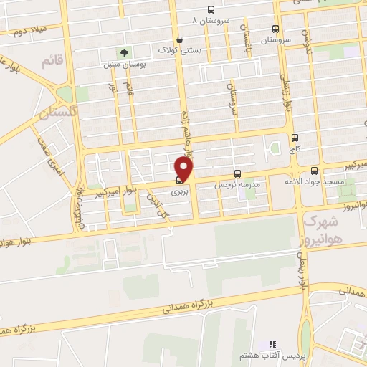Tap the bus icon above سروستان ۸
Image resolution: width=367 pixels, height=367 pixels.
(x=210, y=10)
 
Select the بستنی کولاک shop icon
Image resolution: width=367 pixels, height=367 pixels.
(x=178, y=39)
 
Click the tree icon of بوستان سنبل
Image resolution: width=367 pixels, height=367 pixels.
(x=124, y=53)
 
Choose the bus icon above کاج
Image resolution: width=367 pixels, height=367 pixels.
(x=295, y=138)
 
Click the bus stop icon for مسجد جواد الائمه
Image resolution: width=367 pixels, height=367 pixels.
(x=315, y=171)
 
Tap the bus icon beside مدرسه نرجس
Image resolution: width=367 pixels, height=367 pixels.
(x=237, y=173)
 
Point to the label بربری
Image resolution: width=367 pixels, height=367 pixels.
(x=179, y=192)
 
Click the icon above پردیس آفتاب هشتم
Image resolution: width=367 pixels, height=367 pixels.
(x=272, y=345)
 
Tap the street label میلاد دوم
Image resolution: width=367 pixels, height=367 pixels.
(x=26, y=32)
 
